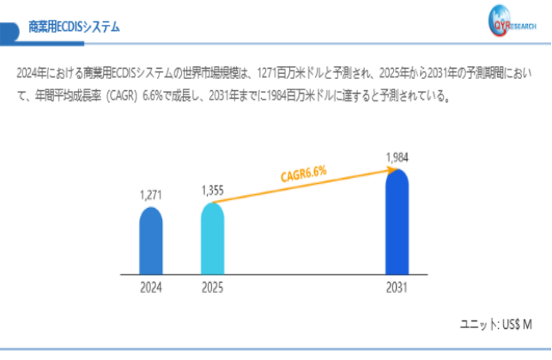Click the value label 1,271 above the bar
click(x=150, y=196)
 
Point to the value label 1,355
click(x=212, y=190)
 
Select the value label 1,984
click(x=397, y=156)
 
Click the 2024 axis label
click(x=151, y=288)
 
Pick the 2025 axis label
click(x=212, y=288)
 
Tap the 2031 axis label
click(x=396, y=288)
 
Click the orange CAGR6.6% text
click(x=303, y=174)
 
